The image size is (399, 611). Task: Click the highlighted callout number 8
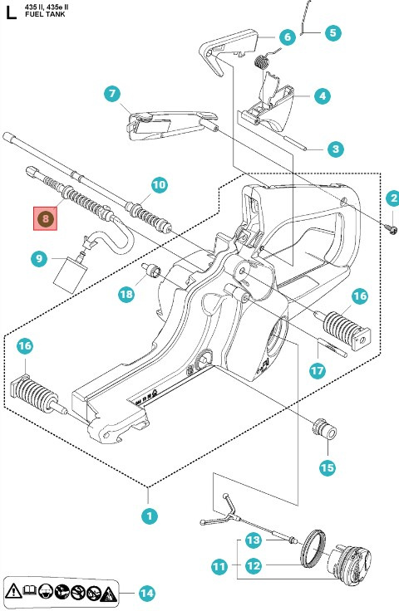(46, 218)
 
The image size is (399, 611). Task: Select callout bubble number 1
(149, 516)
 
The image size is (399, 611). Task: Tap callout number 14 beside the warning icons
(146, 593)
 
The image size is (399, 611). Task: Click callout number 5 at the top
(332, 34)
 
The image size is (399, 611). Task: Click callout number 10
(158, 184)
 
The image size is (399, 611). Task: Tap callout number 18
(126, 294)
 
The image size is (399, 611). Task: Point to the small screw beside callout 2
(389, 222)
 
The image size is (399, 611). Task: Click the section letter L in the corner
(8, 12)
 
